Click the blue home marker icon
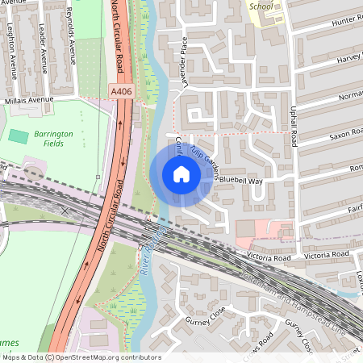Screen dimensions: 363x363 point(181,174)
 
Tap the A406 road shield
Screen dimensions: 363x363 point(122,93)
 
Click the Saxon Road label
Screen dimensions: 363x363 point(342,131)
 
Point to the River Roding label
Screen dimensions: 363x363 point(151,248)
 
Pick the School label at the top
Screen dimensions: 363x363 point(261,6)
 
